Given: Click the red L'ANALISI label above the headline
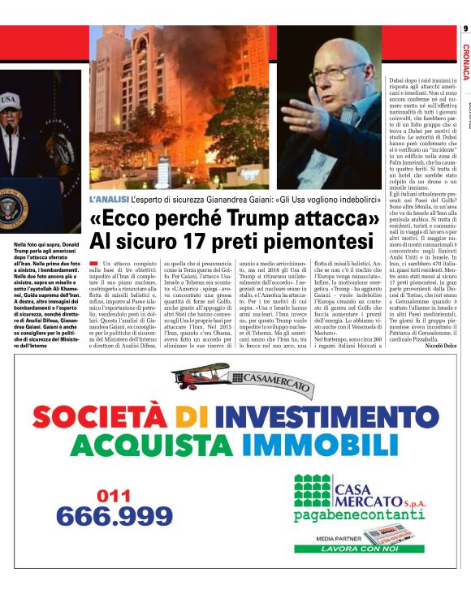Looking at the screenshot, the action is [110, 199].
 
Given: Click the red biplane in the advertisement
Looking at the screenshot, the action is [201, 376].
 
